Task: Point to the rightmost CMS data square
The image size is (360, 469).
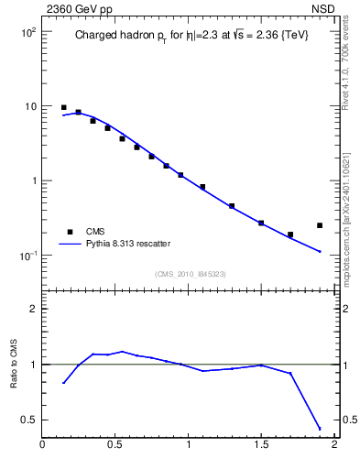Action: point(320,225)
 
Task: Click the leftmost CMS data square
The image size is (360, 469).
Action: point(63,107)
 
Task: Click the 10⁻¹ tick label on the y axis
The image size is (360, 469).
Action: point(27,255)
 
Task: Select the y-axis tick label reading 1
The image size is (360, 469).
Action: point(32,180)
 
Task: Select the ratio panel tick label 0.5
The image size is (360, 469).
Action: point(27,420)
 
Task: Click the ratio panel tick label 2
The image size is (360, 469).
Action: point(32,309)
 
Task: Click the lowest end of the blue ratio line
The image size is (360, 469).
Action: point(320,429)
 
